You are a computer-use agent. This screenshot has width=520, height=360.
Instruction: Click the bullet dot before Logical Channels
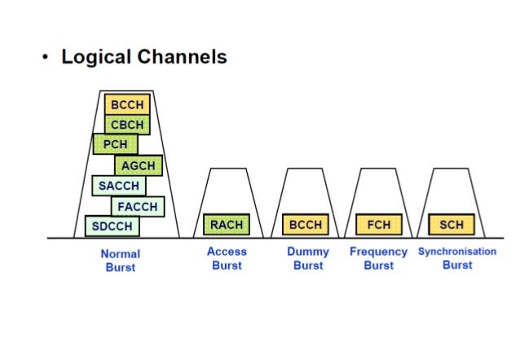(x=46, y=58)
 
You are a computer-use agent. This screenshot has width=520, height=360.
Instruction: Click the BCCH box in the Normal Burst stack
(x=127, y=104)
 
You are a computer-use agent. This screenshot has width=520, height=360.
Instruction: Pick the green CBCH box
(x=127, y=125)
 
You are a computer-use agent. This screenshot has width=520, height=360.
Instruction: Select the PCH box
(x=115, y=145)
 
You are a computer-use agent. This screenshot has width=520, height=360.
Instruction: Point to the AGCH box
(x=139, y=165)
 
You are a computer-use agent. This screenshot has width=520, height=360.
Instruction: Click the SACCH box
(x=118, y=186)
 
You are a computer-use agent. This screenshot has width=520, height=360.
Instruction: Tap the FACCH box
(x=138, y=206)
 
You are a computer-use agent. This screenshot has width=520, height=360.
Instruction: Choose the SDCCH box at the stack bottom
(x=112, y=226)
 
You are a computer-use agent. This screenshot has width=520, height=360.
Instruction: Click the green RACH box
(x=226, y=224)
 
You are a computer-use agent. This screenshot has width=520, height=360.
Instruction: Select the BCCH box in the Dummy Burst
(x=306, y=224)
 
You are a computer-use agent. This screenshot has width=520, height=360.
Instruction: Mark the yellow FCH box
(x=378, y=224)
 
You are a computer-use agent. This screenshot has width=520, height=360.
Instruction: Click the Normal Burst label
(x=120, y=260)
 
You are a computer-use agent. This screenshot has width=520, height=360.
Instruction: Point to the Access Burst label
(x=227, y=258)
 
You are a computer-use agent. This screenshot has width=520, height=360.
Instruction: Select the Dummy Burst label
(x=307, y=258)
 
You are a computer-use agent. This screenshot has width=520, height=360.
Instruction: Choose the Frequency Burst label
(x=378, y=258)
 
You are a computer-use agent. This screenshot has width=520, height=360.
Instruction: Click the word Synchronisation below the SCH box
(x=456, y=252)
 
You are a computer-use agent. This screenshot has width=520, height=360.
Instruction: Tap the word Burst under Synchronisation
(x=457, y=266)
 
